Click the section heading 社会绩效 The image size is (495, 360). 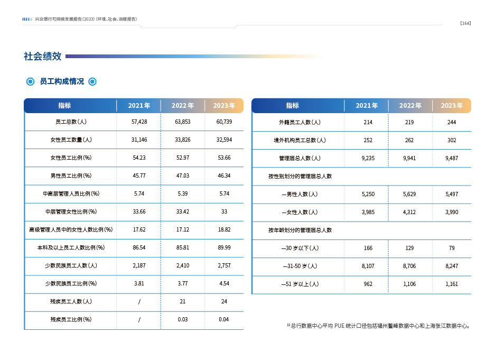(x=43, y=56)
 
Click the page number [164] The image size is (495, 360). (x=465, y=23)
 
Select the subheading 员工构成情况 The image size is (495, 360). (x=62, y=81)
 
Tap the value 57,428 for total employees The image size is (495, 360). (x=139, y=122)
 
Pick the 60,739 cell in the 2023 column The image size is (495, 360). (x=224, y=122)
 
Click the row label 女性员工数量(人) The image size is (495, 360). (x=71, y=140)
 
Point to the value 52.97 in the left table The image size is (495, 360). (x=183, y=158)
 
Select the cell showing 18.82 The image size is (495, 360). (x=224, y=229)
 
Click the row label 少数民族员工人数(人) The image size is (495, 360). (x=71, y=265)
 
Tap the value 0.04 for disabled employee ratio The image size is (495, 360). (x=224, y=320)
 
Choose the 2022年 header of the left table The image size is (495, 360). (x=183, y=106)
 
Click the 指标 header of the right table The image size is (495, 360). (x=292, y=106)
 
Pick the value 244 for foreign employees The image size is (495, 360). (x=452, y=122)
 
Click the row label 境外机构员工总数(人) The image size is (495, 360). (x=300, y=140)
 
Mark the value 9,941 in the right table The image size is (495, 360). (x=409, y=158)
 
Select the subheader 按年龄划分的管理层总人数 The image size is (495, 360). (x=300, y=230)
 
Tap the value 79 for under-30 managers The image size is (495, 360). (x=452, y=248)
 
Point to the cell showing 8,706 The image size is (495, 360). (x=409, y=266)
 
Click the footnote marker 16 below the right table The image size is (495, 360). (x=288, y=325)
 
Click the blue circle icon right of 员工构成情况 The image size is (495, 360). (x=92, y=82)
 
